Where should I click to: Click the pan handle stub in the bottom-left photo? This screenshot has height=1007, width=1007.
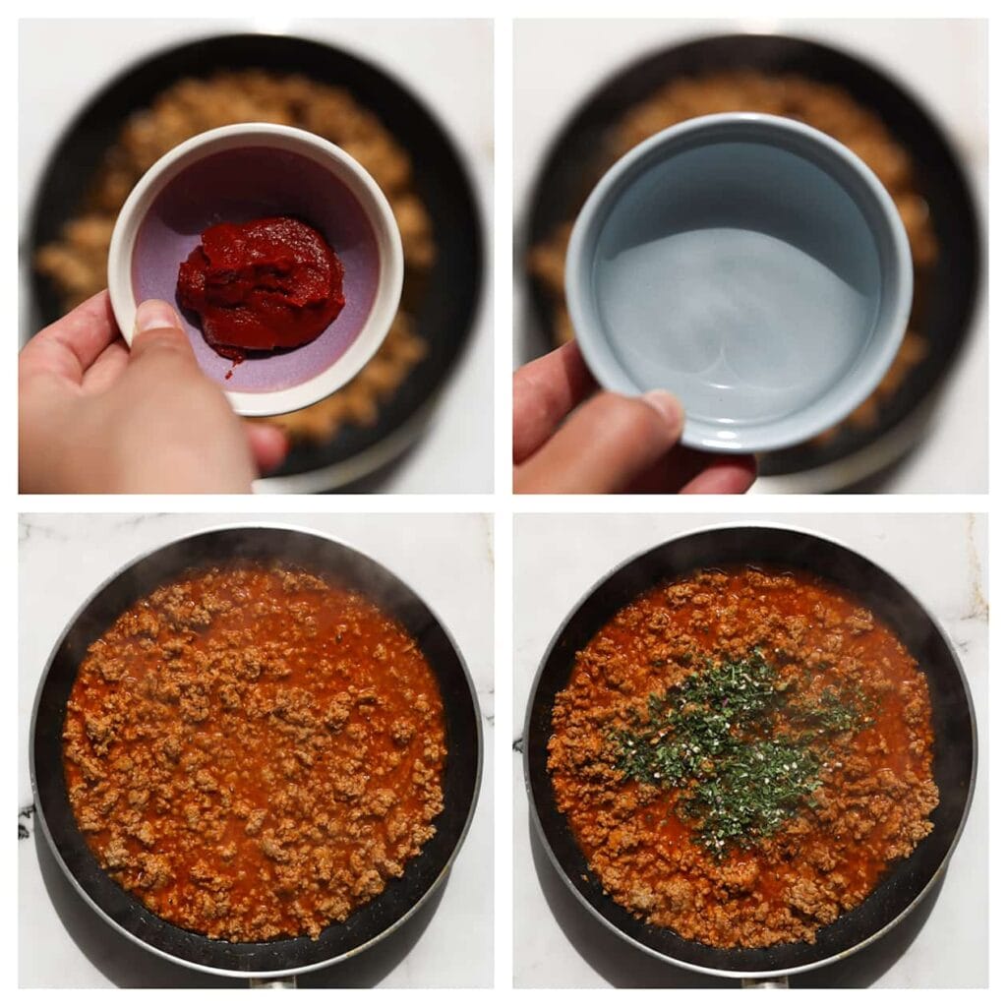271,980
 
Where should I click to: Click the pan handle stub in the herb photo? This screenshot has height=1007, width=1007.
765,980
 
